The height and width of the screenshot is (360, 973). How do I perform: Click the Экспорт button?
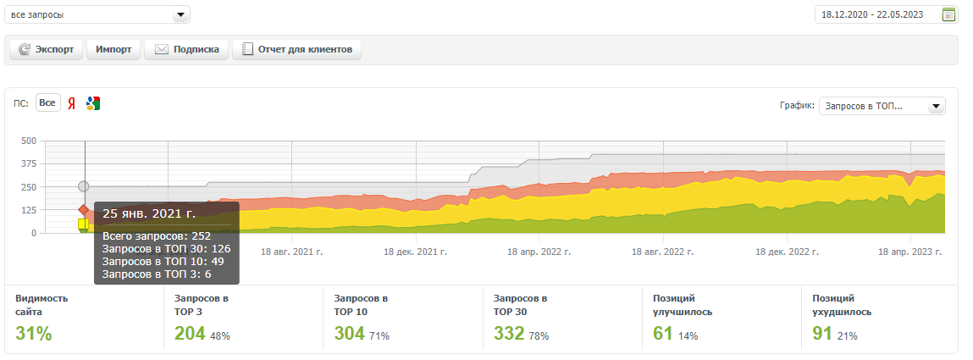click(47, 50)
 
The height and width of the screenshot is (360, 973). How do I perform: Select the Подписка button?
click(186, 50)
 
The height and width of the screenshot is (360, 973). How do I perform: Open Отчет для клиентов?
click(297, 50)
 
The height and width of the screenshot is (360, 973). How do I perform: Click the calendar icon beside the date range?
click(948, 14)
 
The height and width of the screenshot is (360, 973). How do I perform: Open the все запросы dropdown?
click(97, 15)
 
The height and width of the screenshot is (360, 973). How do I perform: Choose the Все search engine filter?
click(47, 103)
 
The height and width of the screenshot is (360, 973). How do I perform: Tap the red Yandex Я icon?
click(72, 103)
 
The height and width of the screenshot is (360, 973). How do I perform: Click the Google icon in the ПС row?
click(93, 103)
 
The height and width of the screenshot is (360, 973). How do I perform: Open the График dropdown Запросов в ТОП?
click(882, 106)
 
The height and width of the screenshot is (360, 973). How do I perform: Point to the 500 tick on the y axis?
click(28, 141)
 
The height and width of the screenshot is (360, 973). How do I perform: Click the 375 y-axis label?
click(28, 163)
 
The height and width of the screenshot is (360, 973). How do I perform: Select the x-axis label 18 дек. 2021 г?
click(415, 252)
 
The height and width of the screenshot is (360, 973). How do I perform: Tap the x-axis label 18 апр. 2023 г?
click(909, 252)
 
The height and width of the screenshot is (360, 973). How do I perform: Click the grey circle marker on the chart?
click(83, 186)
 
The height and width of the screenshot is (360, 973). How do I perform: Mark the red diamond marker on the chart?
click(83, 209)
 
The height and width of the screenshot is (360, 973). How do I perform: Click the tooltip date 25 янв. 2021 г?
click(149, 213)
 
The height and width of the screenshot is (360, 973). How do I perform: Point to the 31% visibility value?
click(34, 334)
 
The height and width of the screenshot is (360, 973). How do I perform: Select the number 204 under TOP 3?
click(190, 334)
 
